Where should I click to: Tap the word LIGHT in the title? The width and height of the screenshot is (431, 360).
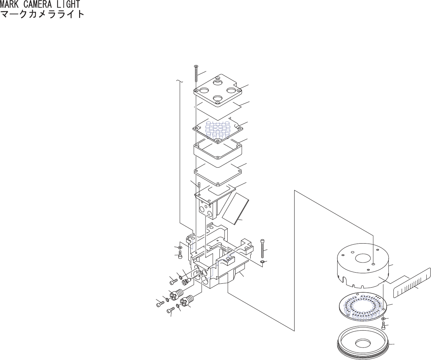click(70, 4)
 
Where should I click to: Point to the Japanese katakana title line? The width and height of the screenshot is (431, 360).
click(42, 14)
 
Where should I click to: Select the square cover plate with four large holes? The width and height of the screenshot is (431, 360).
click(218, 91)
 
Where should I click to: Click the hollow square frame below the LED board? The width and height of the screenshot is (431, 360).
click(218, 153)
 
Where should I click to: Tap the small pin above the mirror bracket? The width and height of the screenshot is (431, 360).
click(199, 185)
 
